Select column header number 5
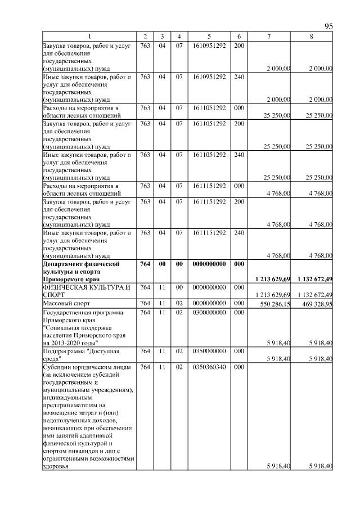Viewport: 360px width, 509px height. coord(209,37)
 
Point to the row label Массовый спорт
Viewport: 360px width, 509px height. coord(67,303)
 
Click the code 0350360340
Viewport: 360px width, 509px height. coord(209,366)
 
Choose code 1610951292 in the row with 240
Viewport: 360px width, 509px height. coord(209,76)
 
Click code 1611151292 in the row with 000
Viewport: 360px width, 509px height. coord(209,185)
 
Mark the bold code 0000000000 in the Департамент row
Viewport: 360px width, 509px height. coord(209,263)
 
